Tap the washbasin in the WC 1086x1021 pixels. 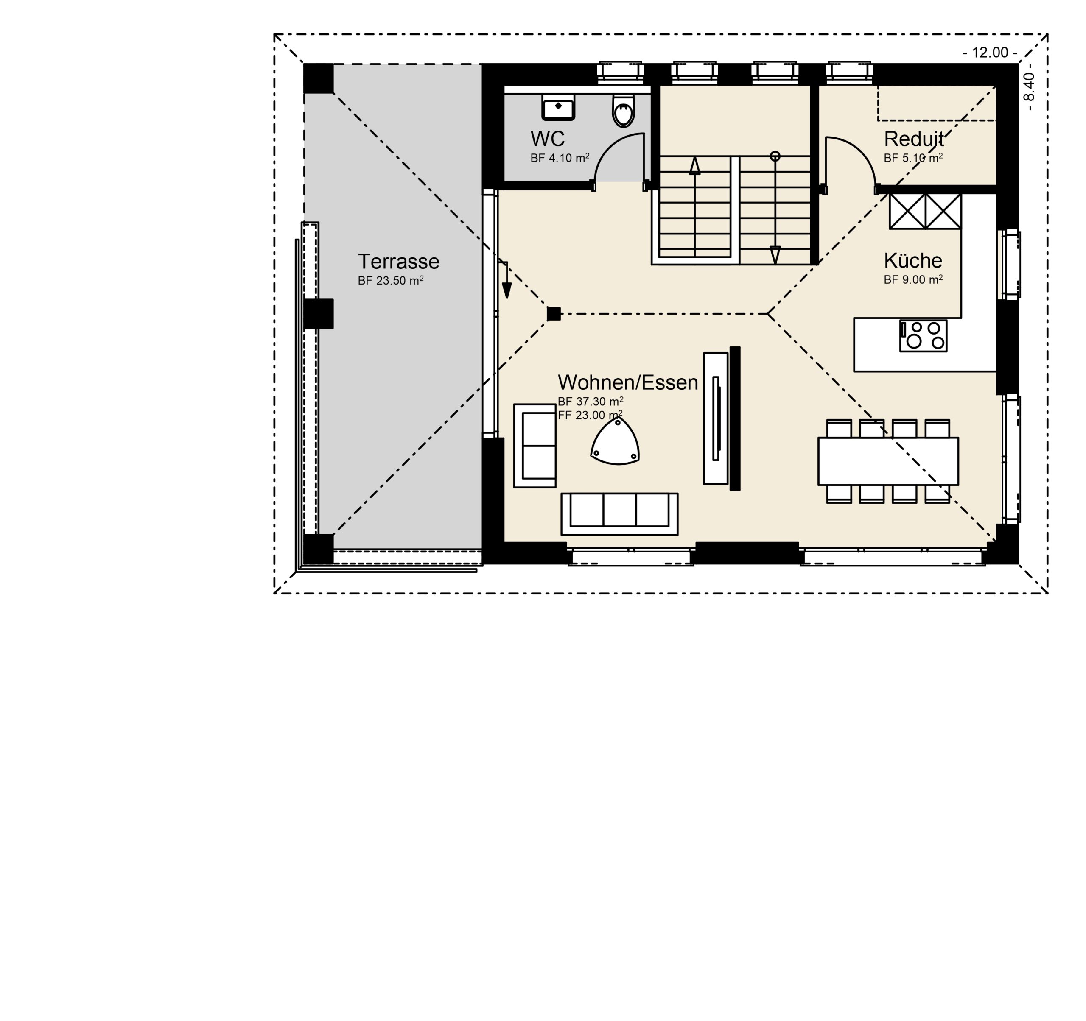558,106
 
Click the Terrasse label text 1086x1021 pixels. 398,262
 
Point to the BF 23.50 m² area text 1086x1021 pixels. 391,281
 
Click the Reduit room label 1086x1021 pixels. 913,139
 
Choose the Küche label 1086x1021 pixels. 913,260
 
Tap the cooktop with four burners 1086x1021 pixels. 923,336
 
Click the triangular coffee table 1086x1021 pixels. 615,442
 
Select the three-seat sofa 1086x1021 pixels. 619,514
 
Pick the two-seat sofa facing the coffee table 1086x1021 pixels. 535,446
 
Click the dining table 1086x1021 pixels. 888,461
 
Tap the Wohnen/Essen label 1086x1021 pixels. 628,383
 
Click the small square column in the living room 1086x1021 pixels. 554,313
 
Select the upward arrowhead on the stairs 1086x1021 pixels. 694,166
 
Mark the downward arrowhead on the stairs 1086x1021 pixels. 775,255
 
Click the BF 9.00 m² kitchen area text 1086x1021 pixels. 913,279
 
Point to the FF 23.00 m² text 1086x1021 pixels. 591,415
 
